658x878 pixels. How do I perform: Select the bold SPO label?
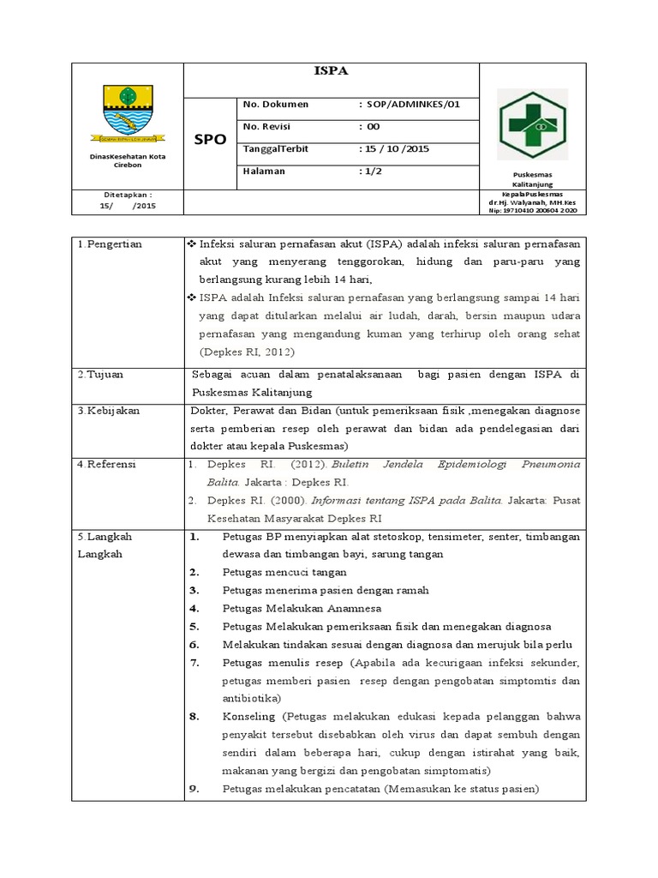(x=209, y=139)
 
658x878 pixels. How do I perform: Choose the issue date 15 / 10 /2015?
(x=394, y=148)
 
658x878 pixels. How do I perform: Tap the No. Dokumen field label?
(x=276, y=104)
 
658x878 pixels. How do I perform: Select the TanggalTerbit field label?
(x=275, y=148)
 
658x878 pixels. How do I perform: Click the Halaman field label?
(x=264, y=171)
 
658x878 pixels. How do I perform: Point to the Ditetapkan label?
(x=128, y=195)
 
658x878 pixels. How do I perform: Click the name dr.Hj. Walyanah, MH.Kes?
(x=532, y=202)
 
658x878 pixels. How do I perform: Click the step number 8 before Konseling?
(x=194, y=716)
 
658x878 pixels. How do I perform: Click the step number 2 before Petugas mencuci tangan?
(x=194, y=572)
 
